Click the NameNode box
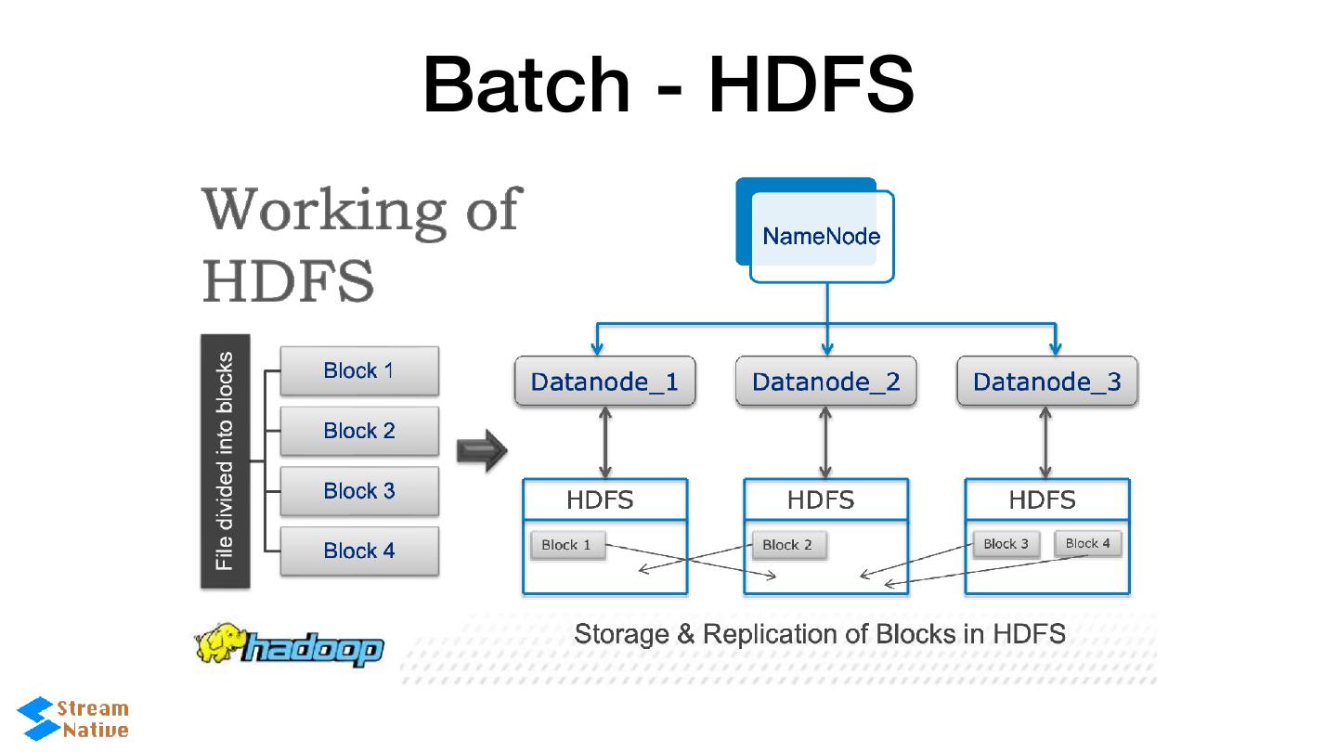[821, 236]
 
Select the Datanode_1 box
[604, 382]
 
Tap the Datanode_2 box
[825, 382]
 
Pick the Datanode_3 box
[1046, 382]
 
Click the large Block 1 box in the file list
[359, 371]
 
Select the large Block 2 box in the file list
[359, 431]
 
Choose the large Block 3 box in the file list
[359, 491]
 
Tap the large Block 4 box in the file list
[359, 551]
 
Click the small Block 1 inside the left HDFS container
[566, 545]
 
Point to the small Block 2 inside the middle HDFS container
[787, 545]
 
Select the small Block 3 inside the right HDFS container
[1006, 544]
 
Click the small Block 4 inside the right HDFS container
[1087, 543]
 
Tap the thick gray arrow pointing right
[482, 452]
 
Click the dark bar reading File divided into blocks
[225, 461]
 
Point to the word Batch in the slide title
[526, 84]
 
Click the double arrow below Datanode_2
[825, 443]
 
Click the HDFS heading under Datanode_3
[1042, 500]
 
